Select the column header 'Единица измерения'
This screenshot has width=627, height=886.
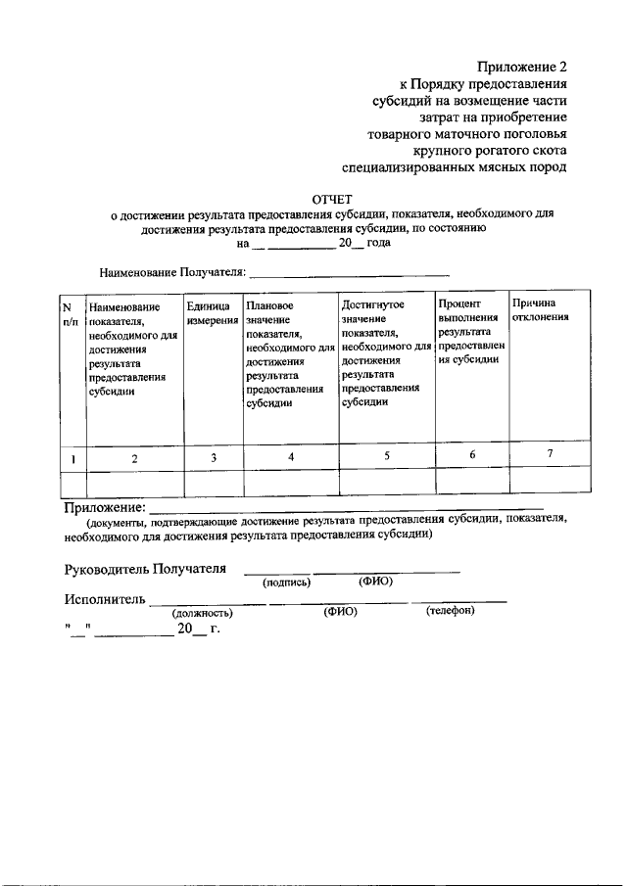pyautogui.click(x=213, y=313)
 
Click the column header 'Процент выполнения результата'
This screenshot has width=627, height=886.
pyautogui.click(x=471, y=332)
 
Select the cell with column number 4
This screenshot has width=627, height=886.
pyautogui.click(x=291, y=455)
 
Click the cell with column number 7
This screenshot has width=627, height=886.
pyautogui.click(x=550, y=454)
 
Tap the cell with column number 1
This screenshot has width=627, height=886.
pyautogui.click(x=73, y=457)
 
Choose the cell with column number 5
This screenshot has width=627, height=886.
pyautogui.click(x=386, y=455)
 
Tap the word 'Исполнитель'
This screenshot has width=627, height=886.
pyautogui.click(x=105, y=599)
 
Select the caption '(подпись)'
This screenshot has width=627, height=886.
pyautogui.click(x=287, y=583)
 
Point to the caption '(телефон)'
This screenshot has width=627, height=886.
pyautogui.click(x=450, y=612)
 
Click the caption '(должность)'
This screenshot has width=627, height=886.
pyautogui.click(x=202, y=613)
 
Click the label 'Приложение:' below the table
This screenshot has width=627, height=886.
pyautogui.click(x=104, y=507)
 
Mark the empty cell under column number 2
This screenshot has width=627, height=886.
pyautogui.click(x=135, y=481)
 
